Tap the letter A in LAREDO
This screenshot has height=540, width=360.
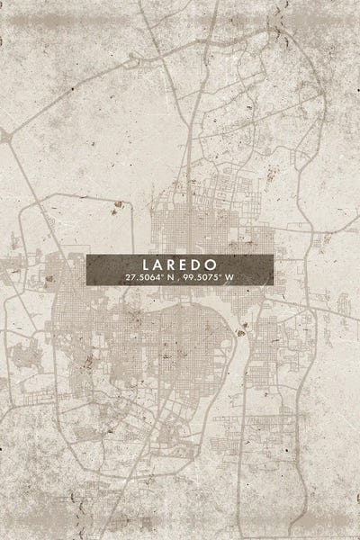(x=159, y=266)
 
